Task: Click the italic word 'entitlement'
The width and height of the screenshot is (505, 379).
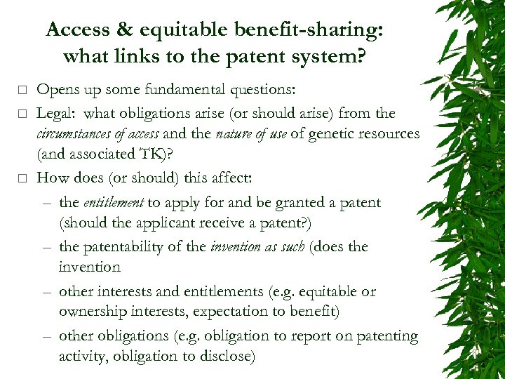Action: point(113,203)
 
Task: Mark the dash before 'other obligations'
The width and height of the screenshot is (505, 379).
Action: point(46,336)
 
